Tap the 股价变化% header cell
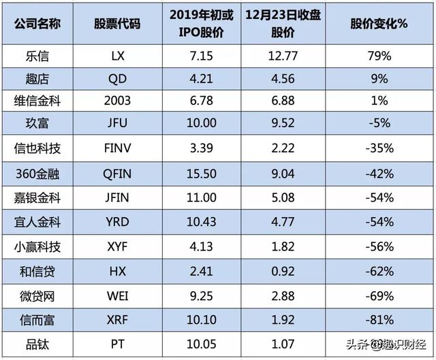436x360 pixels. pyautogui.click(x=379, y=22)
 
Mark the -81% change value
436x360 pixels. pyautogui.click(x=379, y=319)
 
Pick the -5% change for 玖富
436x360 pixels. pyautogui.click(x=379, y=127)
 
